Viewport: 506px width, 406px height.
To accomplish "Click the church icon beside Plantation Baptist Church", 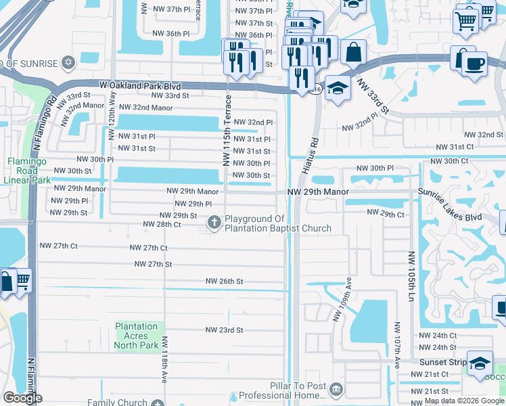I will (x=214, y=222).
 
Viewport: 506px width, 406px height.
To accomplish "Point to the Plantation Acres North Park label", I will (x=136, y=336).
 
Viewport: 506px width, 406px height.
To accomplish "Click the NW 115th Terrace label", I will (x=227, y=130).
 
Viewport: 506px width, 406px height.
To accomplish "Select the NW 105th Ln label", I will (x=410, y=277).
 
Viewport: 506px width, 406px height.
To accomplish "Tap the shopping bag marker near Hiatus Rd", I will (x=353, y=51).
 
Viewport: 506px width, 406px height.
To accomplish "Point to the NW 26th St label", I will (x=225, y=281).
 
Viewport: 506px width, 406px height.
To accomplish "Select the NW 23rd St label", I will (x=225, y=330).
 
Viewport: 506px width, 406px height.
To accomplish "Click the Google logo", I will (x=22, y=398).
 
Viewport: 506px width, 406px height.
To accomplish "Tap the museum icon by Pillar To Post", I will (x=336, y=390).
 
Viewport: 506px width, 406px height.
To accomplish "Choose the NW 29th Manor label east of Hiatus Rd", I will (x=318, y=192).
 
